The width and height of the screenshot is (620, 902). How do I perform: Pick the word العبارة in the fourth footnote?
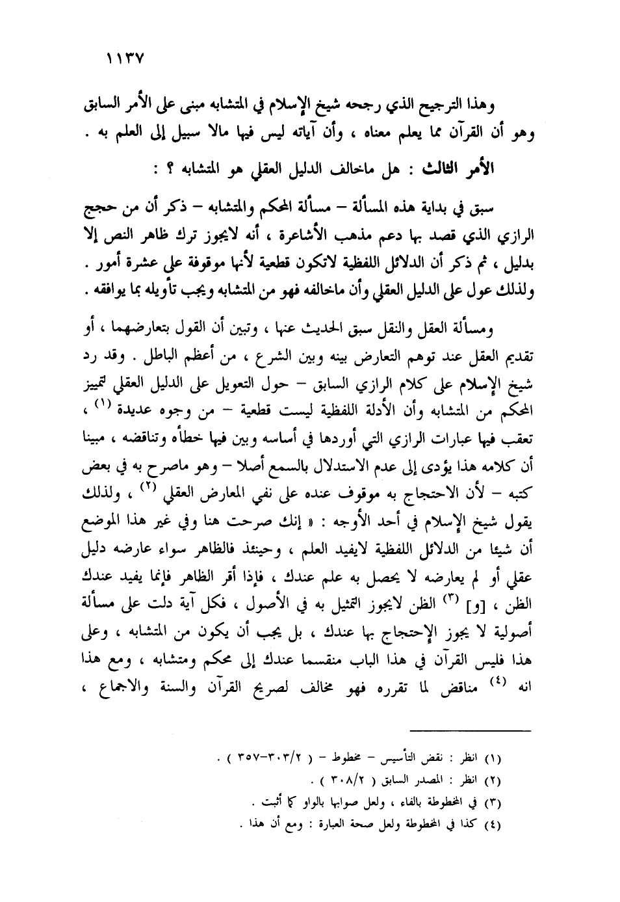[x=337, y=821]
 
